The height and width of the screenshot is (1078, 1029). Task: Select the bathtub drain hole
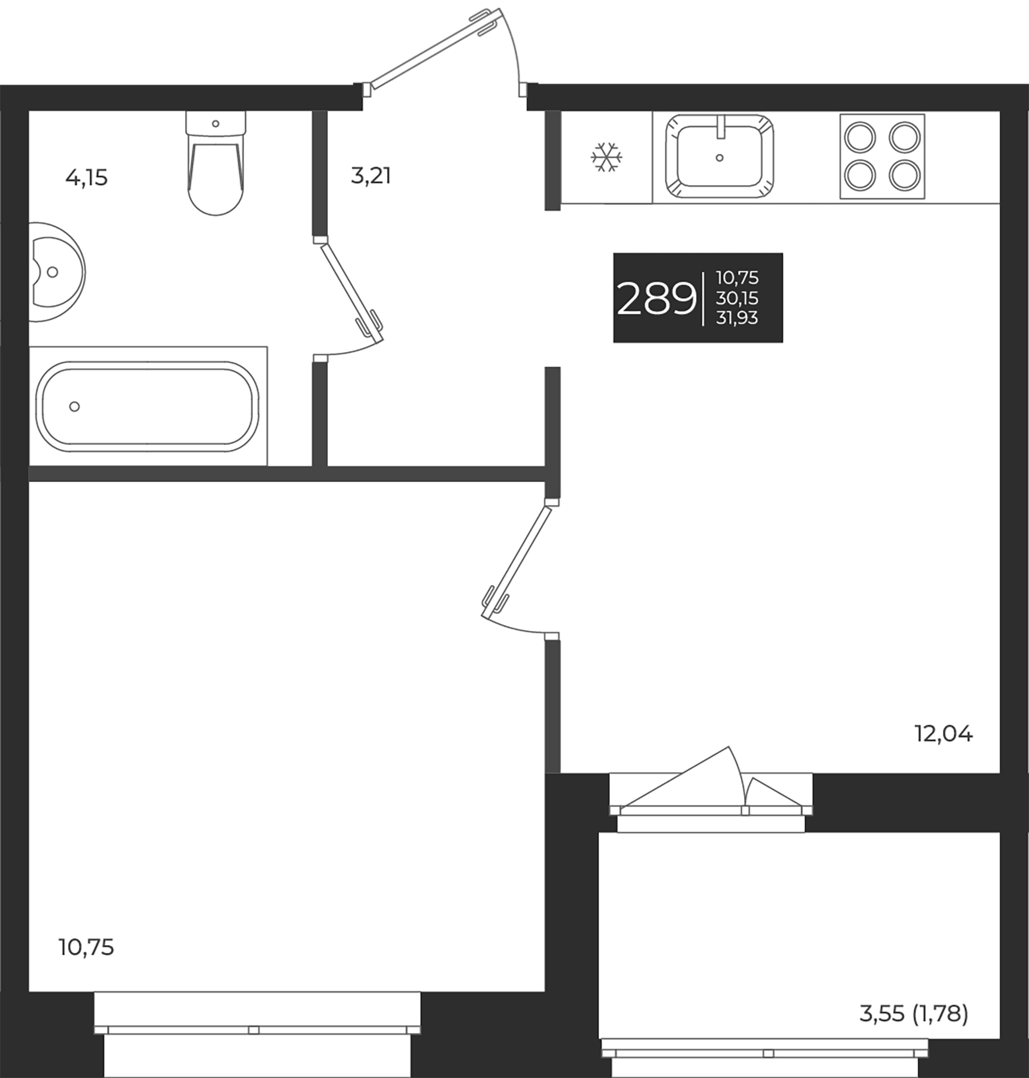(74, 407)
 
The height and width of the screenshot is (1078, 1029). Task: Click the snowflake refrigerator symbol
(606, 158)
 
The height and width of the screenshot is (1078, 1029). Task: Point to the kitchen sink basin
(720, 157)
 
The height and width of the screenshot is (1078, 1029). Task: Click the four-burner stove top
(882, 156)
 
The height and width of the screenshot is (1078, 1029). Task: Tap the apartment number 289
(656, 299)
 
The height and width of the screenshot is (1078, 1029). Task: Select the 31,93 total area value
(737, 318)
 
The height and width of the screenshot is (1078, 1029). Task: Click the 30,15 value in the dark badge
(737, 298)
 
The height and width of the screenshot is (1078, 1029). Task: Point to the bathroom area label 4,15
(87, 178)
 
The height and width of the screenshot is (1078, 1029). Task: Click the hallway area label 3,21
(371, 176)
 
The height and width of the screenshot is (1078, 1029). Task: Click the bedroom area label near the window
(86, 947)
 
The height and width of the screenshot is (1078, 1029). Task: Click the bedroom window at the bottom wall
(257, 1030)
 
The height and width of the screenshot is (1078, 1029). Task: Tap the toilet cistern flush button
(215, 123)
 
